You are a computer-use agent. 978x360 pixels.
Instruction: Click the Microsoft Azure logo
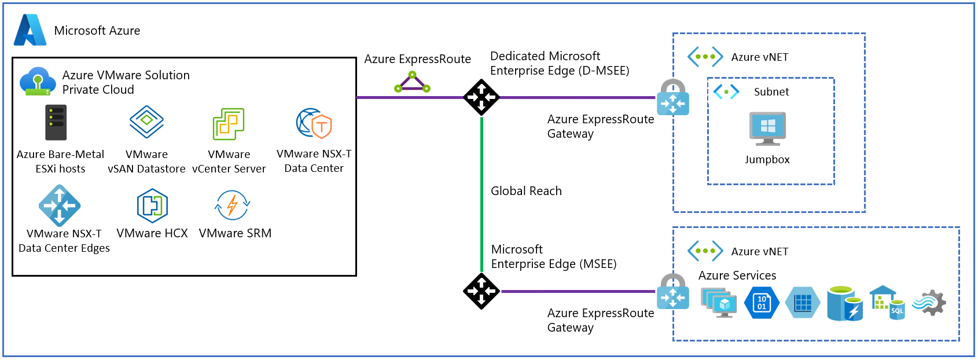[30, 30]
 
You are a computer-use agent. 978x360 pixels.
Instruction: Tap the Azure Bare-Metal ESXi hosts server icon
[56, 123]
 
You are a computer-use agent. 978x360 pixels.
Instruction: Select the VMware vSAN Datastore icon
[146, 122]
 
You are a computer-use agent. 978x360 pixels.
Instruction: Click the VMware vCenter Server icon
[229, 123]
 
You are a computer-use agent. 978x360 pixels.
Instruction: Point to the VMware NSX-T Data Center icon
[314, 123]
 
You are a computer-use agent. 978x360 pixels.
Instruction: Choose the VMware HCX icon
[152, 205]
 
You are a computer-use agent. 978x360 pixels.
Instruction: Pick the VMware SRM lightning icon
[233, 205]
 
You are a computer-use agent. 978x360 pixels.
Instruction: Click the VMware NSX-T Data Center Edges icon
[60, 205]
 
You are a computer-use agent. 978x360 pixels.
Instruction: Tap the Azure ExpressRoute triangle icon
[412, 82]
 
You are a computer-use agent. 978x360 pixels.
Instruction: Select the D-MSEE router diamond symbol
[481, 97]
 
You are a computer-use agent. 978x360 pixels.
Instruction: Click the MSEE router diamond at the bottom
[481, 291]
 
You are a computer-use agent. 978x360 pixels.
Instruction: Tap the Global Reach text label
[526, 191]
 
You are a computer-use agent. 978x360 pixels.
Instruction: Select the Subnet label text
[771, 91]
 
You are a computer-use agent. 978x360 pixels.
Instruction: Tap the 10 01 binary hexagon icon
[762, 303]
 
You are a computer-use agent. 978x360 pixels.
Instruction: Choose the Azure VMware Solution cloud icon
[38, 82]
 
